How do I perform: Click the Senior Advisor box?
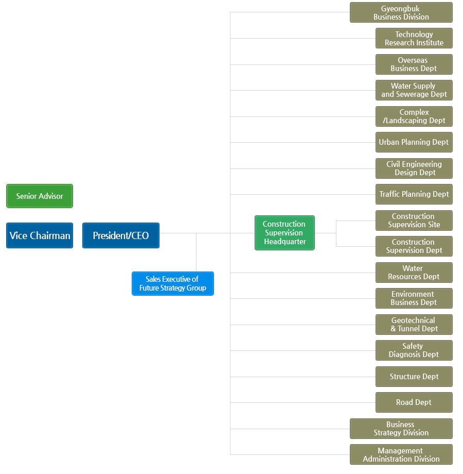click(40, 196)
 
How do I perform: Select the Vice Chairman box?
click(40, 235)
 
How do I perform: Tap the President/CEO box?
click(121, 235)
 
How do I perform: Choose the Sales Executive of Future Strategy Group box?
click(173, 283)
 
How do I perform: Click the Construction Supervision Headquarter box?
click(284, 233)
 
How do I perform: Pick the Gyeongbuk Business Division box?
click(401, 12)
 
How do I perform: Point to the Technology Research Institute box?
click(414, 39)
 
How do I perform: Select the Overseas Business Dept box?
click(414, 64)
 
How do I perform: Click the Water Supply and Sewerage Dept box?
click(414, 90)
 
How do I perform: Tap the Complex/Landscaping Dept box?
click(414, 116)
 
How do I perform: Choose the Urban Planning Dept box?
click(414, 142)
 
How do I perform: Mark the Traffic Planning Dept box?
click(414, 194)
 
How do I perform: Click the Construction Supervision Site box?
click(414, 221)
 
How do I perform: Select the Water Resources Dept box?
click(414, 273)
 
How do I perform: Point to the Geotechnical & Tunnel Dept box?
click(414, 325)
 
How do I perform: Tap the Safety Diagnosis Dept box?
click(414, 350)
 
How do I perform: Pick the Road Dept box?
click(414, 402)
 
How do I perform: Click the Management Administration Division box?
click(401, 454)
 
